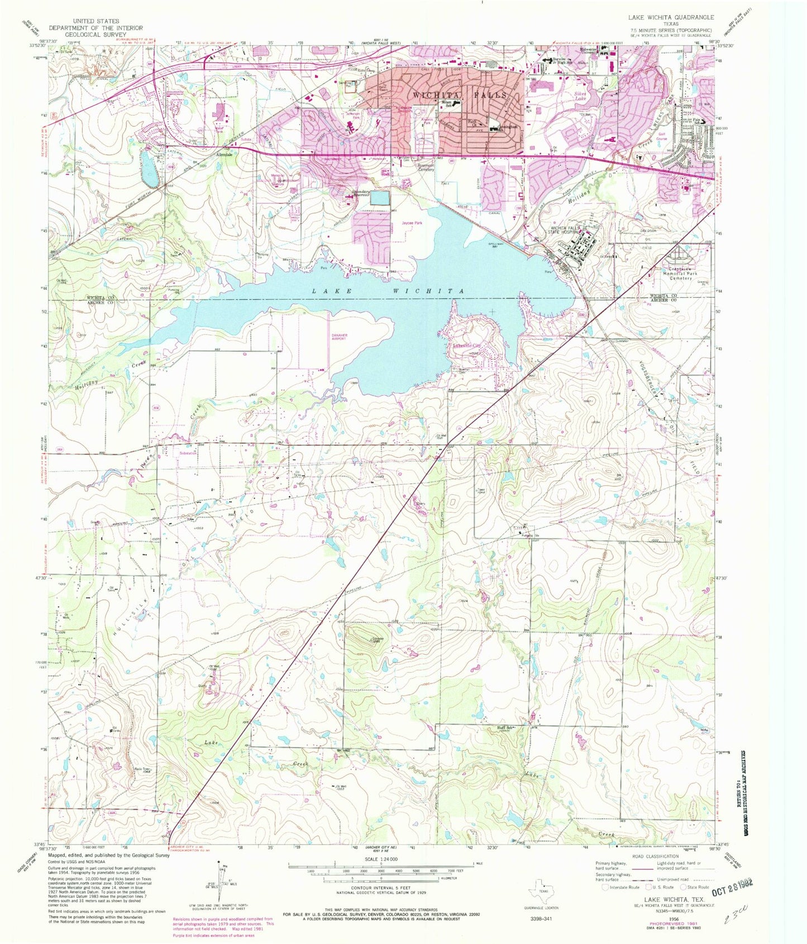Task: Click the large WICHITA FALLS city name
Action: [459, 95]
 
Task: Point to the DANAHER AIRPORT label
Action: [340, 337]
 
